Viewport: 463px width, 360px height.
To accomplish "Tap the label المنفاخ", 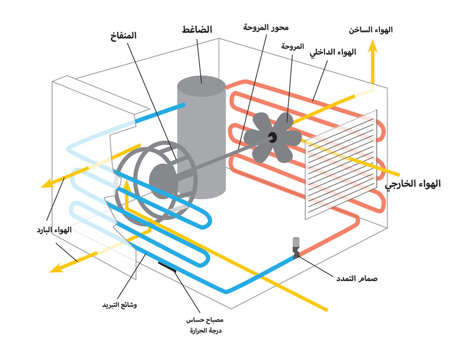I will coord(122,36).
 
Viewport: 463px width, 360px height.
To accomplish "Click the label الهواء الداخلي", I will coord(333,53).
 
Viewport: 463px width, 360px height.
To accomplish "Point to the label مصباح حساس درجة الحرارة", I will coord(204,325).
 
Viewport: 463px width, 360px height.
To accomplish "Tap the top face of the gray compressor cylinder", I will coord(201,86).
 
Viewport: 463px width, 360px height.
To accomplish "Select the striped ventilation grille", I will coord(340,165).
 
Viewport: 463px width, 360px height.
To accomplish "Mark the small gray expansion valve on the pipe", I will coord(296,246).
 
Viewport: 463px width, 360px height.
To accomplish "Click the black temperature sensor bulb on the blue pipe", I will coord(168,265).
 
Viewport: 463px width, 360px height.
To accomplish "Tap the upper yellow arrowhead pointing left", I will coord(47,184).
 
